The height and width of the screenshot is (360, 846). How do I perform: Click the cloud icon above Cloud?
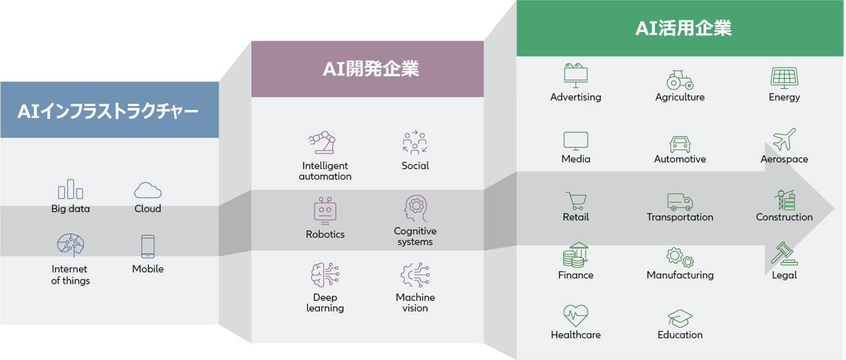(x=147, y=190)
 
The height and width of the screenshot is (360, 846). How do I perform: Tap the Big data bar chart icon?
(x=70, y=189)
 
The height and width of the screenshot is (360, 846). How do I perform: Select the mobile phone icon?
(x=147, y=247)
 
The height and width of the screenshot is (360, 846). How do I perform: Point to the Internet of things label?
(x=70, y=274)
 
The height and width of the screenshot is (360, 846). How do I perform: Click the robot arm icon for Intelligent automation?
(x=322, y=142)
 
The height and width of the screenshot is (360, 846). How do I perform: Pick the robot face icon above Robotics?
(x=325, y=211)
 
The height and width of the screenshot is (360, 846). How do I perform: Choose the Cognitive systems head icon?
(x=416, y=208)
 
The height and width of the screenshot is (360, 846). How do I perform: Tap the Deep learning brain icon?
(x=325, y=274)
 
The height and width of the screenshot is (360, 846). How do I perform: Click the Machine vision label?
(x=415, y=303)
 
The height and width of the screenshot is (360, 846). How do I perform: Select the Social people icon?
(x=414, y=142)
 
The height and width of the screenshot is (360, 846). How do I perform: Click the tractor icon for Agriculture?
(x=680, y=80)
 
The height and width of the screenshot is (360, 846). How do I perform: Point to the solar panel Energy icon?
(x=784, y=78)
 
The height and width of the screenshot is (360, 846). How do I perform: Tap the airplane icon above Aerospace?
(x=784, y=139)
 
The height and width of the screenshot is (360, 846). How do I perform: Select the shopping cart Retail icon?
(x=576, y=200)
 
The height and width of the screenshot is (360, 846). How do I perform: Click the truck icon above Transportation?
(x=680, y=202)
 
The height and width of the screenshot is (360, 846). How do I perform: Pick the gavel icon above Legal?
(x=784, y=253)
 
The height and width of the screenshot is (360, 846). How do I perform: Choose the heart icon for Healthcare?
(x=576, y=316)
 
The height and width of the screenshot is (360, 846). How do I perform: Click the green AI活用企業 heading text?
(x=684, y=28)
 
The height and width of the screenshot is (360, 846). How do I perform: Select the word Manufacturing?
(x=680, y=275)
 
